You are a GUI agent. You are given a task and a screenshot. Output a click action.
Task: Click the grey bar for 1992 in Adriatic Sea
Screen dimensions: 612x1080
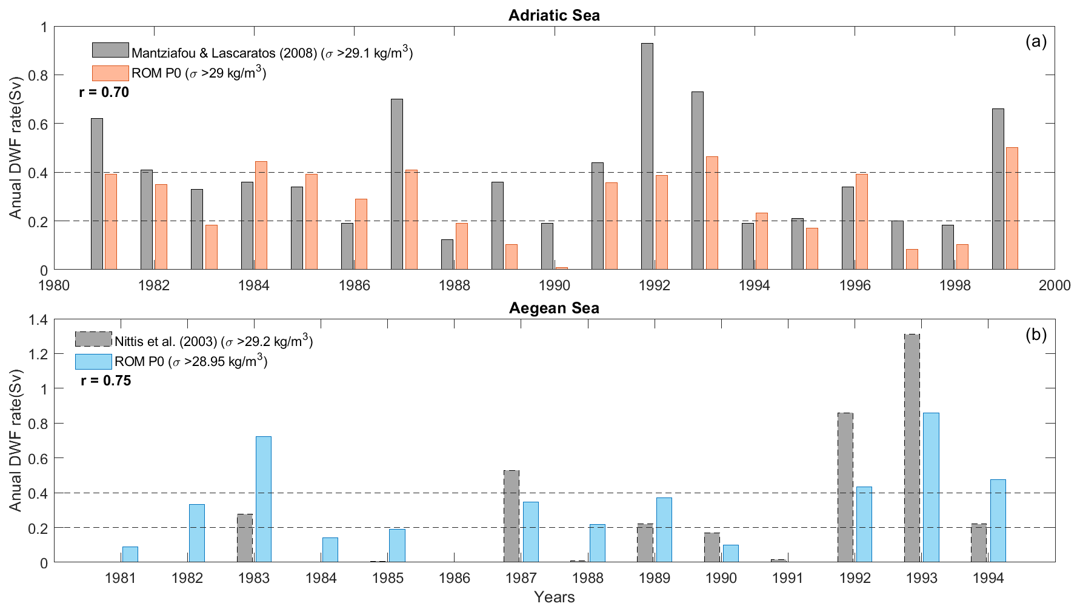pyautogui.click(x=647, y=156)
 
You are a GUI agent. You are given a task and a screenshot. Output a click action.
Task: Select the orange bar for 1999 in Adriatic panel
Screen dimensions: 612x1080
pyautogui.click(x=1012, y=208)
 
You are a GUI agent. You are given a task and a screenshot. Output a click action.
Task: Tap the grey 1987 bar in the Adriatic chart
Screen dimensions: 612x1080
pyautogui.click(x=397, y=184)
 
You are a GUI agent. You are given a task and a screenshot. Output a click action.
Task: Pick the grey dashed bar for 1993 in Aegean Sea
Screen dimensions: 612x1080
pyautogui.click(x=912, y=448)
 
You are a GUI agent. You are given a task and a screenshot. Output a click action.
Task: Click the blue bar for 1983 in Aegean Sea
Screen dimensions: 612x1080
pyautogui.click(x=264, y=499)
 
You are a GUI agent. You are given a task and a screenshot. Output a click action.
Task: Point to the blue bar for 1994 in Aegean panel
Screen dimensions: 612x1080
pyautogui.click(x=998, y=521)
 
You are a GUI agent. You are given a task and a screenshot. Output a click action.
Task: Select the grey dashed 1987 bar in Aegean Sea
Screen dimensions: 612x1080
pyautogui.click(x=512, y=516)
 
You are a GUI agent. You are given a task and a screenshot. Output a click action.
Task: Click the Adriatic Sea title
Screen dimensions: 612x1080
pyautogui.click(x=554, y=16)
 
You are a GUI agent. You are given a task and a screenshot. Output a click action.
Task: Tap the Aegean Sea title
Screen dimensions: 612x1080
pyautogui.click(x=554, y=308)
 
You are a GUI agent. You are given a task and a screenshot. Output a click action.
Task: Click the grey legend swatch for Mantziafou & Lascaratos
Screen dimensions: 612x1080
pyautogui.click(x=110, y=50)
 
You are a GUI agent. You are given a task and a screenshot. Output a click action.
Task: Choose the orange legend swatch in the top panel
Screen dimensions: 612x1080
pyautogui.click(x=110, y=73)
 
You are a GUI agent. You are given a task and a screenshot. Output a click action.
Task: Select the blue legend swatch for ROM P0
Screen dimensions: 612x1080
pyautogui.click(x=93, y=362)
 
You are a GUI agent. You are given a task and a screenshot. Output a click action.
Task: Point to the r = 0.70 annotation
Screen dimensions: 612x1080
pyautogui.click(x=104, y=93)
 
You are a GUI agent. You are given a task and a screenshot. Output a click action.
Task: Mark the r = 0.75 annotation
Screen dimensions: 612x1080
pyautogui.click(x=106, y=381)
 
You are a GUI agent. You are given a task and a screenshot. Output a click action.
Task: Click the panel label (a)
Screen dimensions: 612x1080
pyautogui.click(x=1036, y=42)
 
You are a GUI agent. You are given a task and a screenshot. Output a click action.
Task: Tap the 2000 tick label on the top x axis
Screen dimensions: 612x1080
pyautogui.click(x=1055, y=285)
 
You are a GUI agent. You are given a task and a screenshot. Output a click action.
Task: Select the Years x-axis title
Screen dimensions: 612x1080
pyautogui.click(x=554, y=597)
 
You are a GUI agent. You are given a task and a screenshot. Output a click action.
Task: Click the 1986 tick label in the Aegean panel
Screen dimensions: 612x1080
pyautogui.click(x=455, y=578)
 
